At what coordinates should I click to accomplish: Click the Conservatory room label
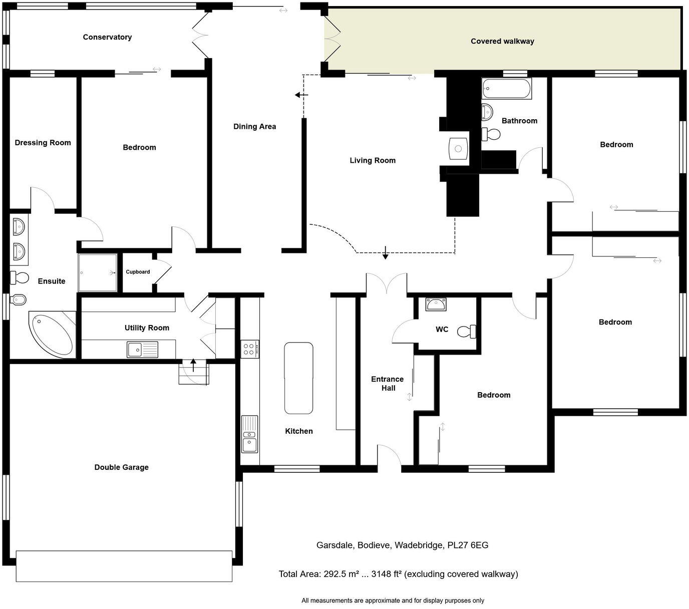[107, 37]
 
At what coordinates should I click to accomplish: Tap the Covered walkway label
[502, 41]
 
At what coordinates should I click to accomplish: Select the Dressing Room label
[43, 143]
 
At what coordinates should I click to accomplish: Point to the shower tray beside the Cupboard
[98, 273]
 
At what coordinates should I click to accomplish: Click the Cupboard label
[138, 272]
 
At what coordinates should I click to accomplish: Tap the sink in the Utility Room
[142, 349]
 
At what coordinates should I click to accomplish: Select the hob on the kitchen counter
[250, 349]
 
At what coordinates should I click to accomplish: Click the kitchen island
[298, 378]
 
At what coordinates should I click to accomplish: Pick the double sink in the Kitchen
[249, 434]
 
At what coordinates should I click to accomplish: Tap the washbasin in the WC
[435, 304]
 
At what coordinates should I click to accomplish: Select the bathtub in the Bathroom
[506, 89]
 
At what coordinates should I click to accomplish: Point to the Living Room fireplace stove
[458, 148]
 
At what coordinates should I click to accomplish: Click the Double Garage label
[121, 467]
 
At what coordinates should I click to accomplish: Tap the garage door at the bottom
[124, 566]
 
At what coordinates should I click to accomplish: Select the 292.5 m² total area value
[340, 574]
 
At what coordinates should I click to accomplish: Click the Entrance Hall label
[387, 384]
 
